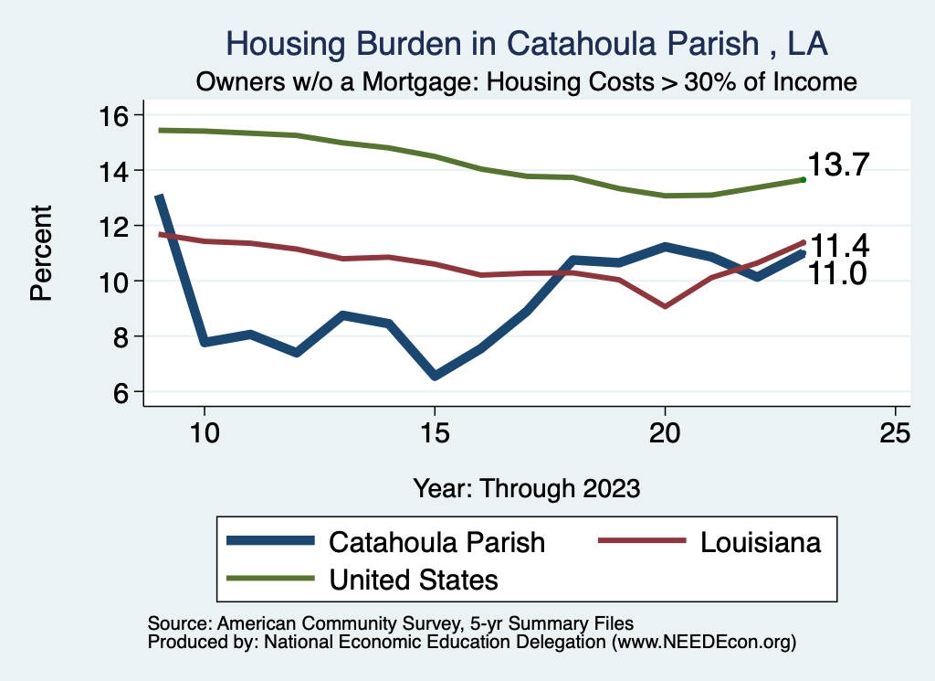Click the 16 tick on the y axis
(116, 115)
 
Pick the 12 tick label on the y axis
(116, 226)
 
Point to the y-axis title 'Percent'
(41, 253)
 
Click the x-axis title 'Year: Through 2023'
(526, 487)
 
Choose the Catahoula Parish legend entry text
(436, 542)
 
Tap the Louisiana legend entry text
(761, 542)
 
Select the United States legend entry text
(414, 579)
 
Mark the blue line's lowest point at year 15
(435, 376)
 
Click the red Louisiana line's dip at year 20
(665, 306)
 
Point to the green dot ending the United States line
(803, 179)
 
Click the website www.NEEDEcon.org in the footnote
(705, 643)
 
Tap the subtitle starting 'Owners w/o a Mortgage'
(527, 82)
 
